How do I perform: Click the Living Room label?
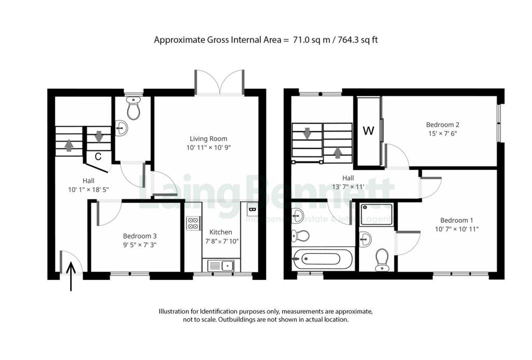pyautogui.click(x=208, y=139)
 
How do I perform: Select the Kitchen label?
pyautogui.click(x=221, y=232)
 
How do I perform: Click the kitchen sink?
pyautogui.click(x=221, y=265)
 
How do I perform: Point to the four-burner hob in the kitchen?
pyautogui.click(x=193, y=223)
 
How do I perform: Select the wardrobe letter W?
pyautogui.click(x=368, y=131)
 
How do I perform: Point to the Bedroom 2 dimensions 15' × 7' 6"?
pyautogui.click(x=443, y=134)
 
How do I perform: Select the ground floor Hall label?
pyautogui.click(x=88, y=180)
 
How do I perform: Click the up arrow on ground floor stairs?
pyautogui.click(x=69, y=145)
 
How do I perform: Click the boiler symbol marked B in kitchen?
pyautogui.click(x=252, y=209)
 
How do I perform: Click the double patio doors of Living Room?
pyautogui.click(x=220, y=82)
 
